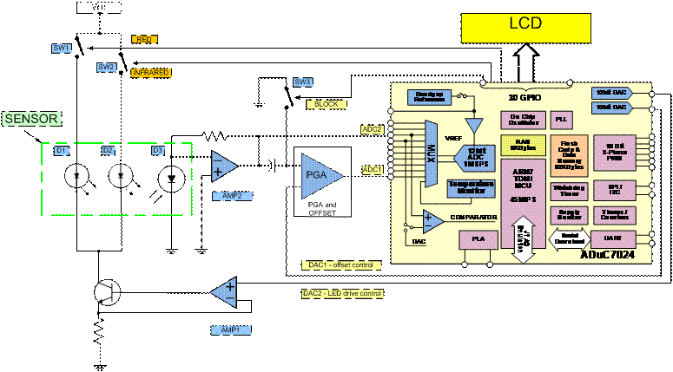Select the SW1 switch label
62,49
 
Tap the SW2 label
106,67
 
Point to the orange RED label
144,39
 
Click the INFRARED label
150,73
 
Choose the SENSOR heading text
32,119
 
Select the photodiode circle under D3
170,179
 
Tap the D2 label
109,151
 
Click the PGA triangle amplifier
319,174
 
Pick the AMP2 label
232,196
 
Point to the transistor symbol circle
107,292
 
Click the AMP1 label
228,330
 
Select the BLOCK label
327,104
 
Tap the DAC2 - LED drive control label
341,293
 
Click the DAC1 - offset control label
340,264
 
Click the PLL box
560,118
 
